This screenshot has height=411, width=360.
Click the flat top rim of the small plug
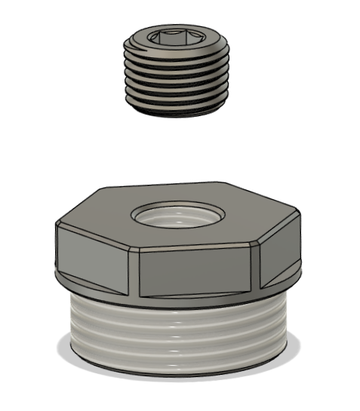[x=140, y=34]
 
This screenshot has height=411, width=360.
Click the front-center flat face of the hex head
[x=198, y=270]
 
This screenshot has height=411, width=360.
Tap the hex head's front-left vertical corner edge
[x=137, y=274]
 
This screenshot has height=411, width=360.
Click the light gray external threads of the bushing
[x=179, y=332]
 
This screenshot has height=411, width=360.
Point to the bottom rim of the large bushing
[x=179, y=371]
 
